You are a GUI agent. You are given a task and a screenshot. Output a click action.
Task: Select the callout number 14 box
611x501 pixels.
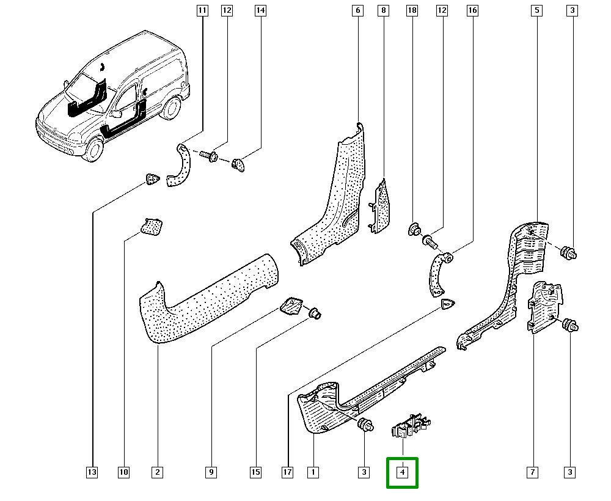[x=260, y=10]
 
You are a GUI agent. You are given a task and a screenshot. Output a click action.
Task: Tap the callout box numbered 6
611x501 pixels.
[x=357, y=10]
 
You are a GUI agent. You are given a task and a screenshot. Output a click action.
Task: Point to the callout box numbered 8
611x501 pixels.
[x=383, y=10]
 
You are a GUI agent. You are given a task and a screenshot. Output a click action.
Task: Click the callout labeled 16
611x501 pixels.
[x=472, y=10]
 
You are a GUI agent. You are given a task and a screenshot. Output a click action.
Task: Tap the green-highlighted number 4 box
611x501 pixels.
[x=402, y=472]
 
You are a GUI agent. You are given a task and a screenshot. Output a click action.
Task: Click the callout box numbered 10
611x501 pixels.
[x=124, y=472]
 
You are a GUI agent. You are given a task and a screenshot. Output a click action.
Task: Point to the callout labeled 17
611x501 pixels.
[x=287, y=472]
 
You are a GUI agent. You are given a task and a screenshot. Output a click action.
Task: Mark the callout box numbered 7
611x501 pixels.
[x=533, y=472]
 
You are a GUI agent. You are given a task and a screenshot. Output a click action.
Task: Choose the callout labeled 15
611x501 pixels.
[x=255, y=472]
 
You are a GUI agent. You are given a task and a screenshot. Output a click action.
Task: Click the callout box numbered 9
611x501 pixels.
[x=211, y=472]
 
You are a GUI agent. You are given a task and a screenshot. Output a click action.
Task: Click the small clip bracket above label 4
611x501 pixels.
[x=411, y=425]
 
